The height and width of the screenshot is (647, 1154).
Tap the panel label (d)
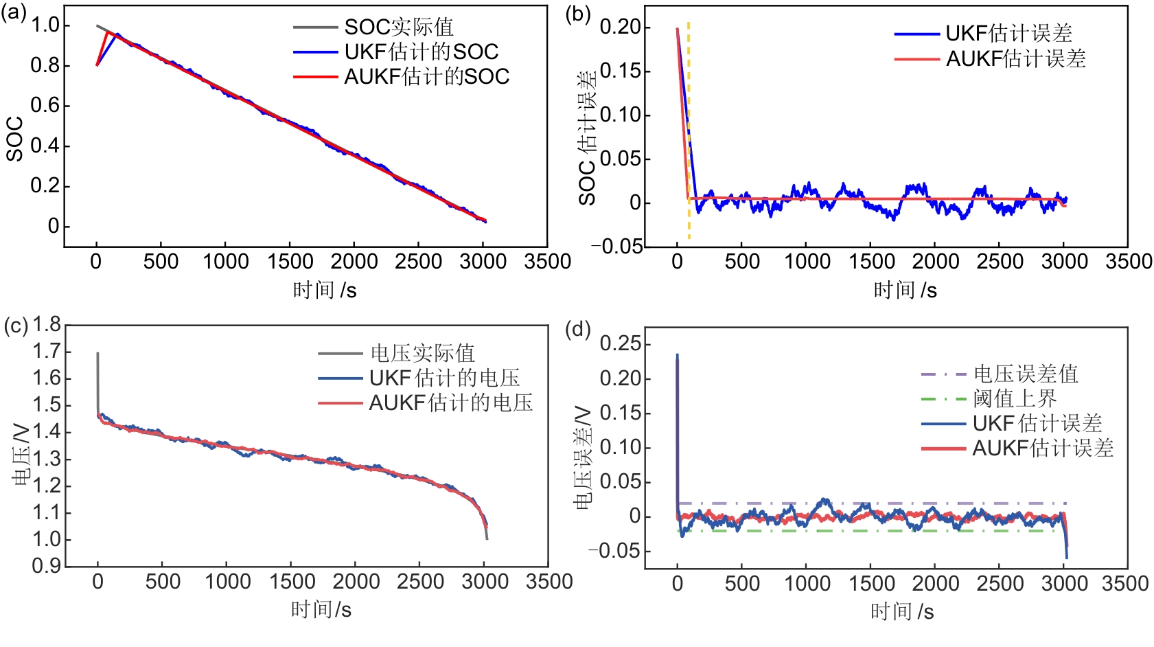[577, 330]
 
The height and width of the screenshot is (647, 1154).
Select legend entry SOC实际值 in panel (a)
[398, 27]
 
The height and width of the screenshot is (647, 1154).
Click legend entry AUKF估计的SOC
[426, 76]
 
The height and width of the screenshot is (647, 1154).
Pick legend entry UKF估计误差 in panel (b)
[1008, 33]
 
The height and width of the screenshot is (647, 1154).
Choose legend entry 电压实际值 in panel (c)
[422, 353]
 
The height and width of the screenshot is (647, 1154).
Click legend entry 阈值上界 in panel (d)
[1015, 398]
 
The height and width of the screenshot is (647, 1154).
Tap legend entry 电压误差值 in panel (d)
[1026, 374]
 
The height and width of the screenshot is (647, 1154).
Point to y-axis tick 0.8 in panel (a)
[45, 65]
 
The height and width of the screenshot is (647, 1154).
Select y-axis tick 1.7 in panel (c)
[47, 352]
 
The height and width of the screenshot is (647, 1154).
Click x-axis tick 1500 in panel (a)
[290, 262]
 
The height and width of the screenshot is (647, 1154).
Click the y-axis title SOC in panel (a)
[15, 139]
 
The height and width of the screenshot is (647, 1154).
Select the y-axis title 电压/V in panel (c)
[22, 455]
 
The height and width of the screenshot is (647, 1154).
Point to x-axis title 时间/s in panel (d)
[902, 611]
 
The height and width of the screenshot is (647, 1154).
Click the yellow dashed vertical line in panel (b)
[689, 130]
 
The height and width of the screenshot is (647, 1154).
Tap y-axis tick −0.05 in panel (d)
[615, 551]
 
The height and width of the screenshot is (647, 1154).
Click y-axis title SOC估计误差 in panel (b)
[588, 137]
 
